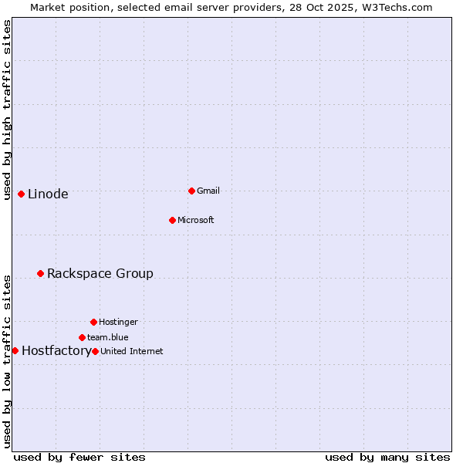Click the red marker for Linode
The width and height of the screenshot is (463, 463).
tap(21, 194)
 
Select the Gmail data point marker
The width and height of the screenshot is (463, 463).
tap(191, 191)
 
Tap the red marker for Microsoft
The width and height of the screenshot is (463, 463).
tap(172, 220)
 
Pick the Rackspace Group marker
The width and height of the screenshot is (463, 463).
tap(40, 273)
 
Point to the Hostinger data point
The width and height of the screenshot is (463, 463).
tap(93, 322)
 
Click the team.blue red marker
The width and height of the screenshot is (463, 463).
tap(82, 337)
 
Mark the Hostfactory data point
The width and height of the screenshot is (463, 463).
tap(15, 350)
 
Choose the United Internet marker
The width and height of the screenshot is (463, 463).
tap(95, 351)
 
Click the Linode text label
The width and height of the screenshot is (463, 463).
tap(48, 194)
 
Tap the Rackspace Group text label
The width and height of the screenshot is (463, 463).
tap(100, 274)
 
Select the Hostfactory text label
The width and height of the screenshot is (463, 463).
tap(56, 351)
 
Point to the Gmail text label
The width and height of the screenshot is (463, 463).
tap(208, 191)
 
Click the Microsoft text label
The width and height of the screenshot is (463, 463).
tap(196, 221)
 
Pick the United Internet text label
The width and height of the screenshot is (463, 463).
tap(132, 352)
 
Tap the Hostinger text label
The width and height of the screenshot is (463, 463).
tap(118, 323)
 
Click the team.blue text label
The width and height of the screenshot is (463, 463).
tap(108, 338)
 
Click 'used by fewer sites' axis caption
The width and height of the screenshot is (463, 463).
tap(79, 457)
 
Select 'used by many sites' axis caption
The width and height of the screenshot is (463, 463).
tap(387, 457)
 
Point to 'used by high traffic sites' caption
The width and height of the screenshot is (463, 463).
tap(8, 110)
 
